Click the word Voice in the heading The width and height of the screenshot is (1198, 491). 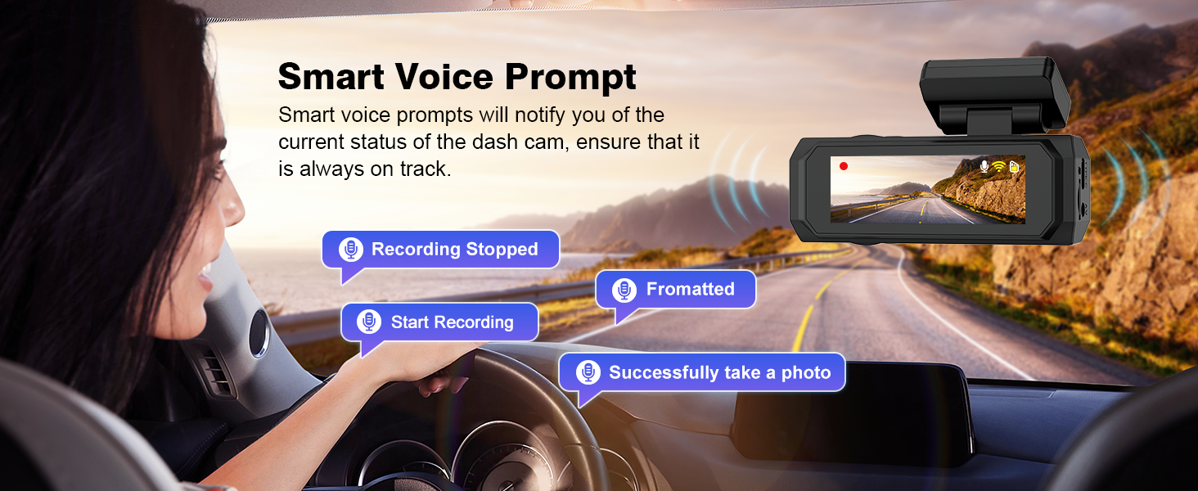point(444,76)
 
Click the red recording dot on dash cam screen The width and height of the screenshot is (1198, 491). point(844,166)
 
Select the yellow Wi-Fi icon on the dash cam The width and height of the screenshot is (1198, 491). point(998,166)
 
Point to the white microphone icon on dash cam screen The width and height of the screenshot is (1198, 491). point(984,166)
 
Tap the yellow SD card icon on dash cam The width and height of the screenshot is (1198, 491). point(1014,167)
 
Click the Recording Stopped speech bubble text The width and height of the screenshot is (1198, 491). point(455,250)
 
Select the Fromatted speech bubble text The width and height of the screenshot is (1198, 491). point(691,290)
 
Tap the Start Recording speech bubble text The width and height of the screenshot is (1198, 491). point(452,322)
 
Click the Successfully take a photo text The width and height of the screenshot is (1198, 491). point(720,372)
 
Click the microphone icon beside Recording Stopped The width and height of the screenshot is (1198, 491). point(351,250)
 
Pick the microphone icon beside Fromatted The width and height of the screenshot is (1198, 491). point(624,290)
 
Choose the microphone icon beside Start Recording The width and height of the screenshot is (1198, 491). point(369,322)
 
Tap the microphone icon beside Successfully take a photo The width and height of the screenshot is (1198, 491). point(588,372)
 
